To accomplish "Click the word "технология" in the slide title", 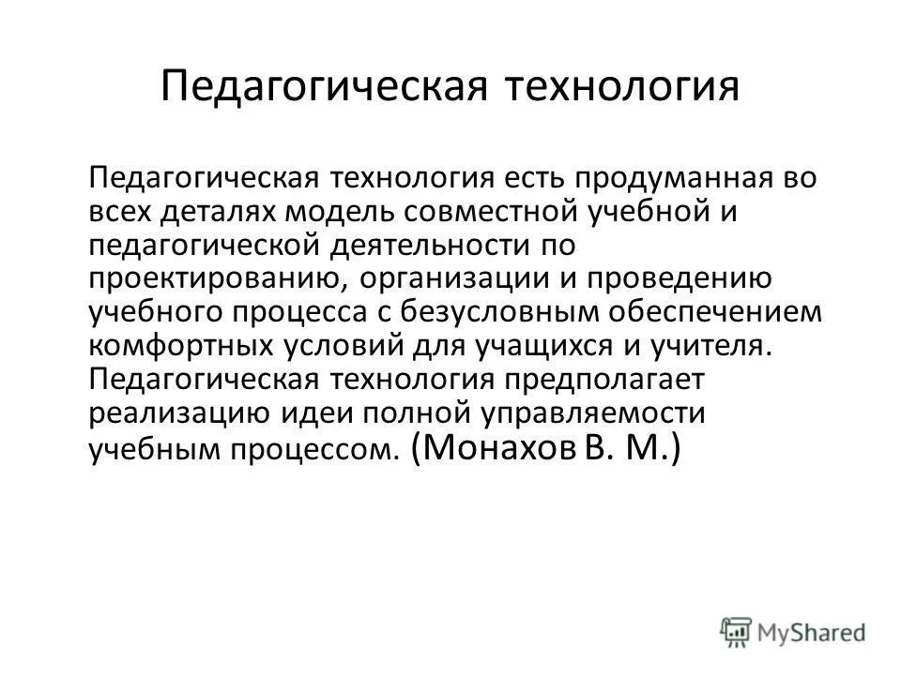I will pyautogui.click(x=623, y=87).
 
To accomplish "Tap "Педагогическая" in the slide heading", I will pyautogui.click(x=321, y=87).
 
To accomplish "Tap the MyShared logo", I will pyautogui.click(x=793, y=630).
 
